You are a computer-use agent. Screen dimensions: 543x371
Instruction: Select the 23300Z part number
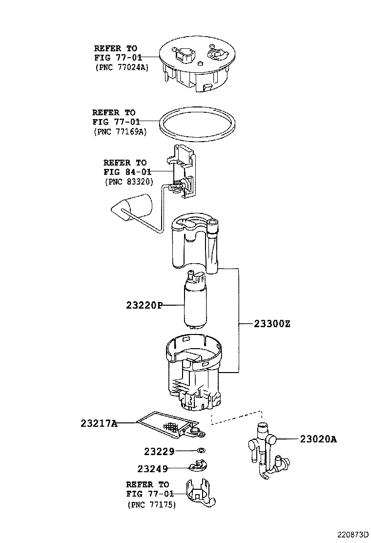pyautogui.click(x=271, y=324)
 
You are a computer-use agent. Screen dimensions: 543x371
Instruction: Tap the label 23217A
pyautogui.click(x=99, y=423)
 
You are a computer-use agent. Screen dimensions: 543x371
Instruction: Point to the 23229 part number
pyautogui.click(x=159, y=452)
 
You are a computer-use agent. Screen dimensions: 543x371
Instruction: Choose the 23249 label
pyautogui.click(x=152, y=469)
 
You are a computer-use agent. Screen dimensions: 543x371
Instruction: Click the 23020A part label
pyautogui.click(x=318, y=439)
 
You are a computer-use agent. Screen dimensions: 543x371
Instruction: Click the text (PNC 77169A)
pyautogui.click(x=119, y=131)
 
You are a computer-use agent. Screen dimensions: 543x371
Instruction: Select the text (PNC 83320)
pyautogui.click(x=129, y=181)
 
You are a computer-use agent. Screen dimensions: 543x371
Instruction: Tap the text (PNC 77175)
pyautogui.click(x=152, y=504)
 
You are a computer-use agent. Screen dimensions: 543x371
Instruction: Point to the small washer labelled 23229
pyautogui.click(x=201, y=450)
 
